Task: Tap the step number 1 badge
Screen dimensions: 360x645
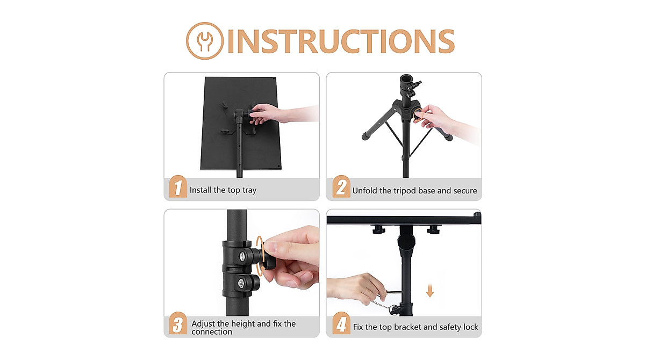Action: point(178,188)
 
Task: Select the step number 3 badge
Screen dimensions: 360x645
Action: point(178,325)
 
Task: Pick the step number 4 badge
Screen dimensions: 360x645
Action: point(341,325)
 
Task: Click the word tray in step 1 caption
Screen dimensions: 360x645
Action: point(248,190)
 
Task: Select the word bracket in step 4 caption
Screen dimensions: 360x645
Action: point(410,327)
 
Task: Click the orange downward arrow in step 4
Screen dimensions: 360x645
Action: point(429,291)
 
